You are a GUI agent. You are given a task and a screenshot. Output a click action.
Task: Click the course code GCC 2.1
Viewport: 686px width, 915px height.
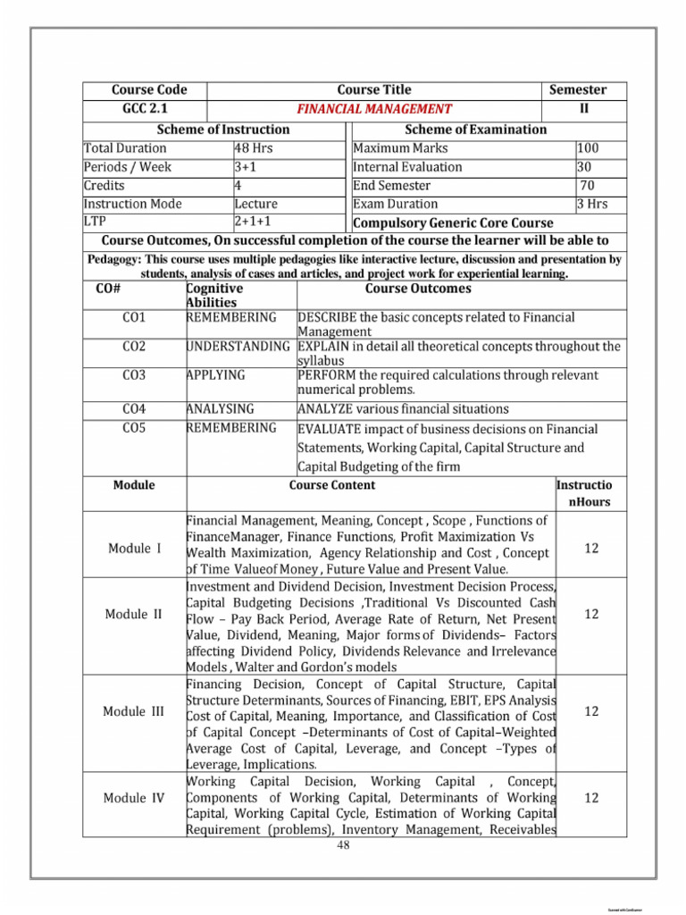tap(145, 109)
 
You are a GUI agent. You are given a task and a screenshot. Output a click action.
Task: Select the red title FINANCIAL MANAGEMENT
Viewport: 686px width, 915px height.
tap(374, 109)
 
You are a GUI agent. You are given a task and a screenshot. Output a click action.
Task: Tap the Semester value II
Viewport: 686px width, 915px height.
tap(585, 109)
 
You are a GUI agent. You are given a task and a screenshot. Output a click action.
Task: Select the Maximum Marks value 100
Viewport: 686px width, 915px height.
tap(590, 148)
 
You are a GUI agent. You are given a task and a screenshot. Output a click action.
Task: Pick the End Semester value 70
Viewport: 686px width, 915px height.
tap(588, 186)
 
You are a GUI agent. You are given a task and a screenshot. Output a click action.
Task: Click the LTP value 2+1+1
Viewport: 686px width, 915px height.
tap(253, 221)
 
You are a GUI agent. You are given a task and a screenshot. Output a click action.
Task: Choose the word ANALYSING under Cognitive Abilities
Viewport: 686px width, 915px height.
tap(220, 409)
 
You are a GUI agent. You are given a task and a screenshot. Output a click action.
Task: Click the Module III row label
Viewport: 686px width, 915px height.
tap(134, 711)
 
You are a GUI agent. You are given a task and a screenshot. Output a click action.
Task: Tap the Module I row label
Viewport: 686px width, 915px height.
tap(134, 549)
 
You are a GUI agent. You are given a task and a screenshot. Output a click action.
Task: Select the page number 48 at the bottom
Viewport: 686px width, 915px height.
tap(342, 845)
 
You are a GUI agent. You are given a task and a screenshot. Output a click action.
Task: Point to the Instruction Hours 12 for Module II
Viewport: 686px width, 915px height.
tap(590, 614)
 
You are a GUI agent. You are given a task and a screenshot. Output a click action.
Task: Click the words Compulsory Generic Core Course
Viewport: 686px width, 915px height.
tap(454, 222)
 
